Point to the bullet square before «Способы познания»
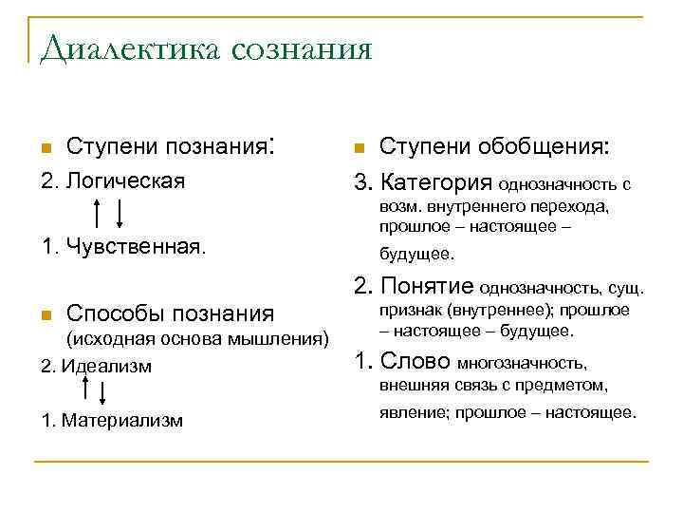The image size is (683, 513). (x=45, y=315)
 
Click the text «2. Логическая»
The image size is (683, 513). (x=113, y=180)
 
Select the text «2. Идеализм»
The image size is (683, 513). (x=96, y=366)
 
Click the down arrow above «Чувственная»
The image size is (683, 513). (x=118, y=213)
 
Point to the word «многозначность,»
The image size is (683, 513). (x=523, y=363)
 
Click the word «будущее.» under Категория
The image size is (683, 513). (x=416, y=255)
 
